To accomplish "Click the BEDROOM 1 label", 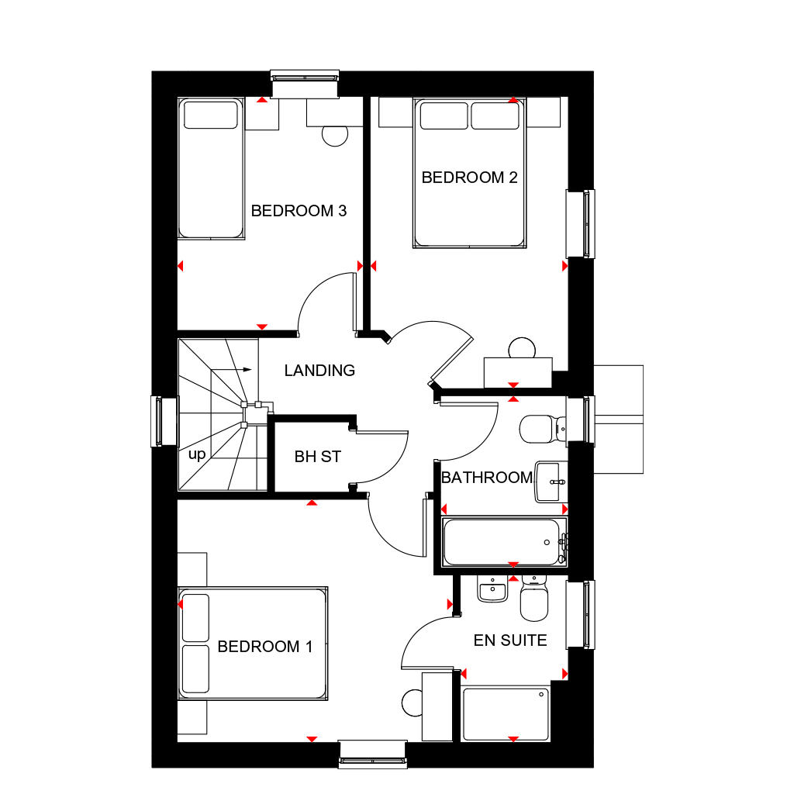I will pyautogui.click(x=265, y=647).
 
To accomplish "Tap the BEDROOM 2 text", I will pyautogui.click(x=469, y=178).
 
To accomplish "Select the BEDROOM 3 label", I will pyautogui.click(x=299, y=211).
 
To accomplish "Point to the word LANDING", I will pyautogui.click(x=319, y=371).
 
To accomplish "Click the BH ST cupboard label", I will pyautogui.click(x=318, y=457).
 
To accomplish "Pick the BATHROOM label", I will pyautogui.click(x=487, y=478).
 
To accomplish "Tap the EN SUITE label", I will pyautogui.click(x=510, y=640).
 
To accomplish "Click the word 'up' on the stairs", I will pyautogui.click(x=197, y=454).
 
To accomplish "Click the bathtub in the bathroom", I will pyautogui.click(x=501, y=542).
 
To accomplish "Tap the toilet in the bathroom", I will pyautogui.click(x=539, y=428).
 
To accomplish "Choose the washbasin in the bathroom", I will pyautogui.click(x=551, y=482).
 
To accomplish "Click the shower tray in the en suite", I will pyautogui.click(x=506, y=713).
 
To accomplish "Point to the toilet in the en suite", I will pyautogui.click(x=533, y=600).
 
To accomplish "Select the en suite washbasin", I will pyautogui.click(x=492, y=591).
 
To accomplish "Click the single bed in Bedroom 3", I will pyautogui.click(x=209, y=168).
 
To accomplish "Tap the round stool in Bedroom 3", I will pyautogui.click(x=335, y=135).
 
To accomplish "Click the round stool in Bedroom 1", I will pyautogui.click(x=413, y=703).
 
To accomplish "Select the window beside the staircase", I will pyautogui.click(x=159, y=422).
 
